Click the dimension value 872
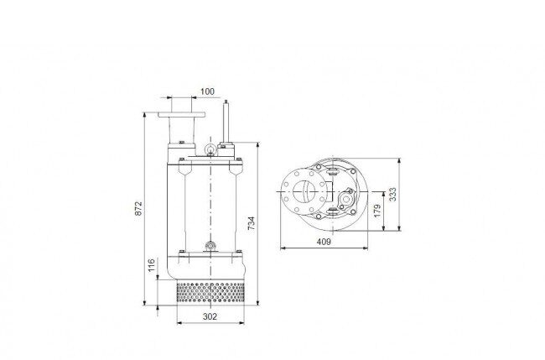coord(138,208)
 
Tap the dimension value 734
coord(251,223)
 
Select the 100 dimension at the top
coord(207,91)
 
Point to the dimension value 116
coord(151,265)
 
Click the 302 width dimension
coord(210,316)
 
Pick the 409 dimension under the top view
coord(324,242)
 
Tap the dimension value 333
coord(392,195)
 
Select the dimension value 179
coord(377,211)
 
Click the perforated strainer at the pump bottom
coord(210,292)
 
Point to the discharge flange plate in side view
coord(181,114)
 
